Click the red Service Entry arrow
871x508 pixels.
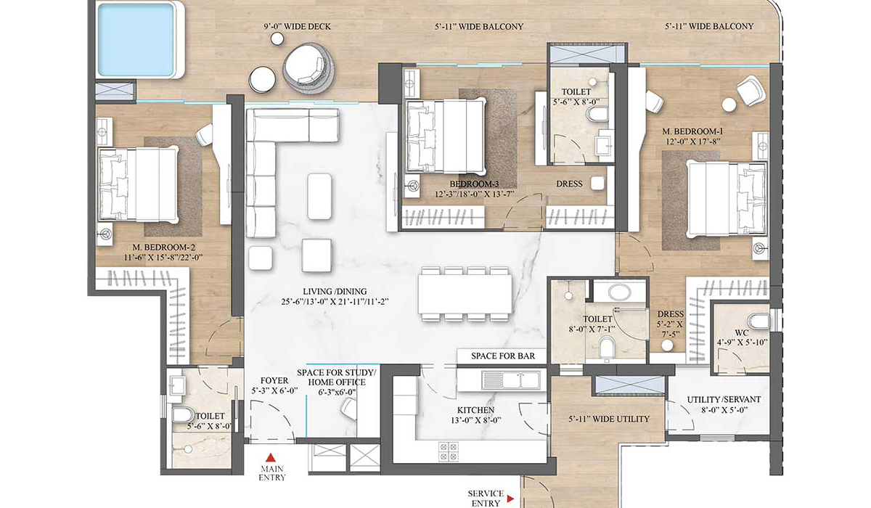tap(511, 499)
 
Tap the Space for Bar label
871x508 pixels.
tap(502, 356)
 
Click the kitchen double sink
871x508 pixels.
tap(512, 379)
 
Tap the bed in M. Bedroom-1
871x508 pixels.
tap(726, 197)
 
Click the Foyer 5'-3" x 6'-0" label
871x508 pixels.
tap(269, 386)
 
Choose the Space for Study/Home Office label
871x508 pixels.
tap(332, 382)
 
